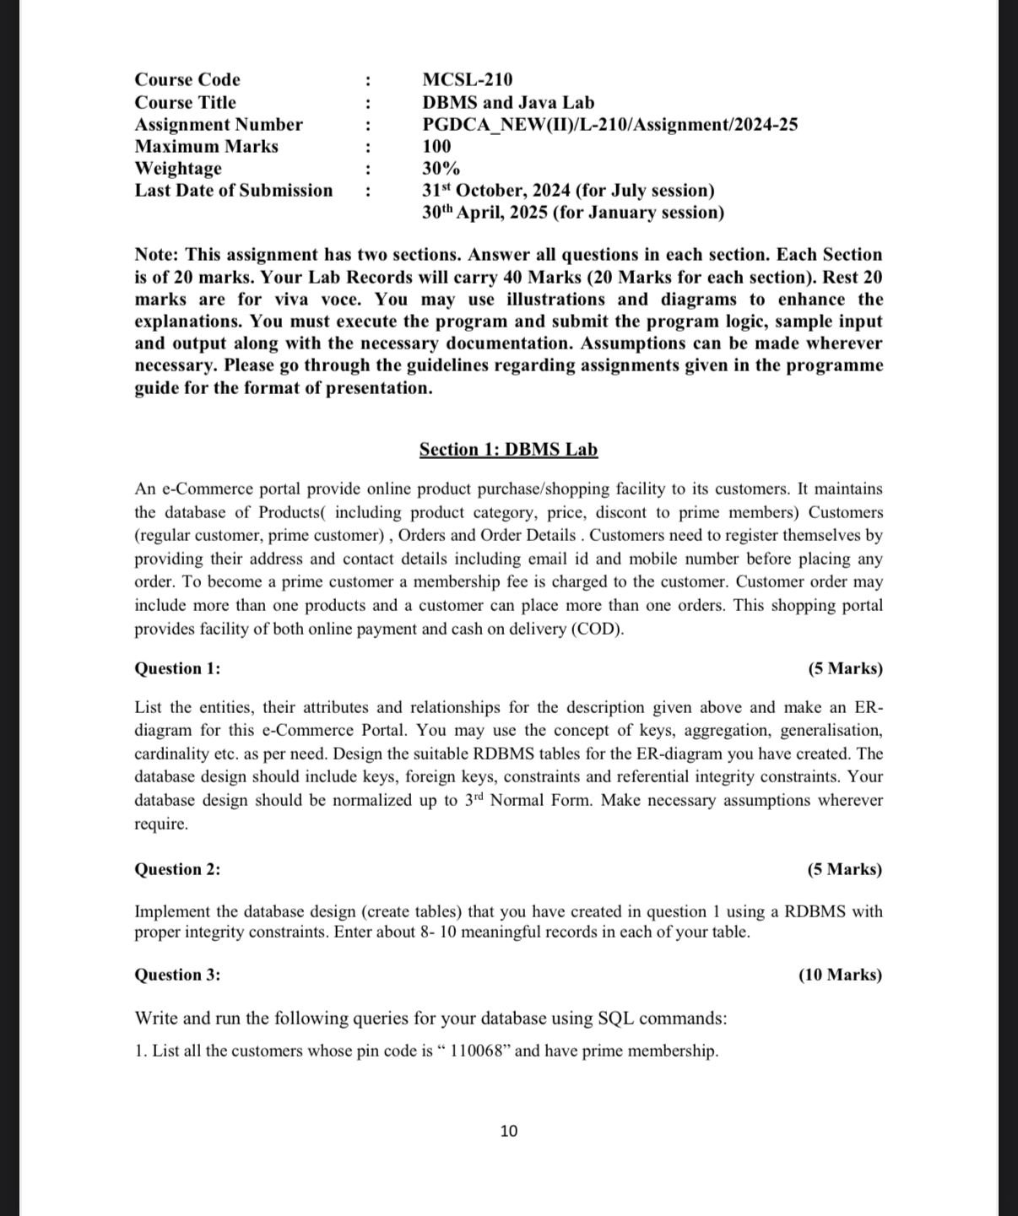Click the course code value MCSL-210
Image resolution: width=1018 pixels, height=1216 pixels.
[467, 79]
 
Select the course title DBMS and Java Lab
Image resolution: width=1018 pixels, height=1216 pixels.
[508, 102]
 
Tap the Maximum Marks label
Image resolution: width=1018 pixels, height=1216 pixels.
[206, 146]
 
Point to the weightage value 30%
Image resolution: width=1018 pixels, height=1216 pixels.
[441, 168]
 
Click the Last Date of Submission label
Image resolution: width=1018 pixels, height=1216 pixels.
[234, 190]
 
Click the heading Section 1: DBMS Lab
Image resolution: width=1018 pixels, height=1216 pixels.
[508, 449]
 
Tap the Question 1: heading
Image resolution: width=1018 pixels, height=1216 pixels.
[177, 668]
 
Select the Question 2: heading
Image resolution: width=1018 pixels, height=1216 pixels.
[177, 869]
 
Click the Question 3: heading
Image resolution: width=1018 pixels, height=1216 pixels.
[177, 975]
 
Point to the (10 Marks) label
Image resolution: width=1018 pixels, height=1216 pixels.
[840, 975]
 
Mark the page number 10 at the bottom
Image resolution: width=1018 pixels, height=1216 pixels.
[509, 1131]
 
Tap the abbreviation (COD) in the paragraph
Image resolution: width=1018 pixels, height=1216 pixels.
[597, 629]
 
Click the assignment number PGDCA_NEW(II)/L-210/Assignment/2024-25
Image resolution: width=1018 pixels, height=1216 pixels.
[609, 124]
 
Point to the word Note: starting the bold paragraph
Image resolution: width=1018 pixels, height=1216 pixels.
[157, 254]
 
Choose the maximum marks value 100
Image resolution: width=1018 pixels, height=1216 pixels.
[436, 146]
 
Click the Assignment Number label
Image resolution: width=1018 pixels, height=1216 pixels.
[219, 124]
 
